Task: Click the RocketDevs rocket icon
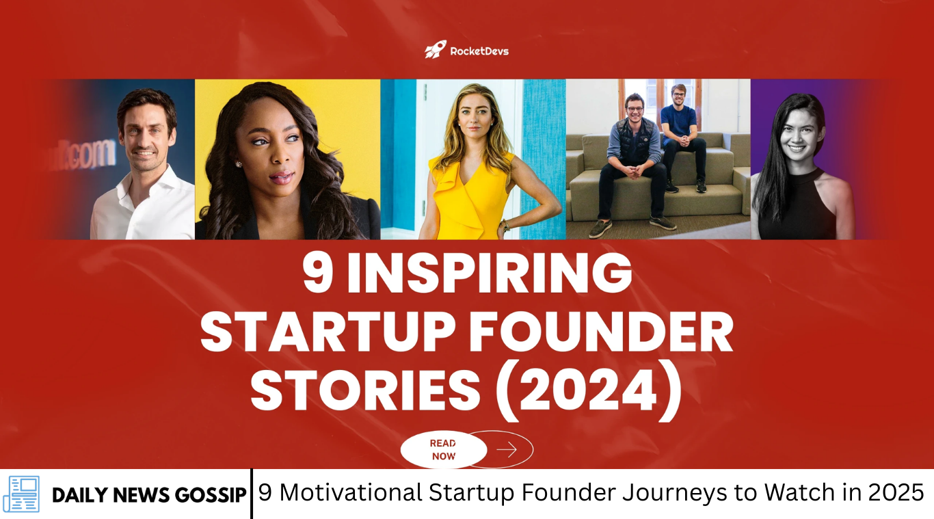click(436, 50)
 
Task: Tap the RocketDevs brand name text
click(479, 51)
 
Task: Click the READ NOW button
click(444, 450)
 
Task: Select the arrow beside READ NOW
click(507, 450)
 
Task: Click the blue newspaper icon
click(21, 494)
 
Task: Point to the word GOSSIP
click(211, 495)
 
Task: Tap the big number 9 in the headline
click(318, 274)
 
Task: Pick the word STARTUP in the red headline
click(328, 333)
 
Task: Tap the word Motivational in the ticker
click(350, 493)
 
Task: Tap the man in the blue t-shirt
click(682, 137)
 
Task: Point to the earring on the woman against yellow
click(239, 165)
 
